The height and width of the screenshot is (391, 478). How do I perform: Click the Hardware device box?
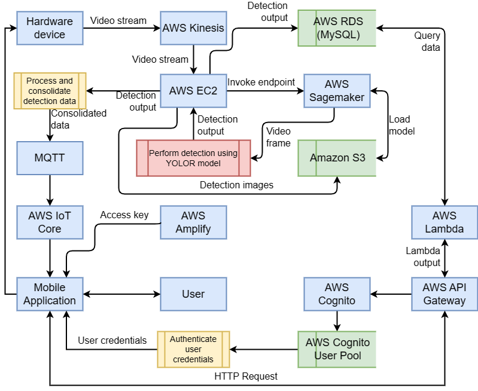(x=50, y=28)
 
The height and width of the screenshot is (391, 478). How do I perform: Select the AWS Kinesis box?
(x=193, y=28)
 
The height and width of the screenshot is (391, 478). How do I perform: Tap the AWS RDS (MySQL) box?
(x=337, y=28)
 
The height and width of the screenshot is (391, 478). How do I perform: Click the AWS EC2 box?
(x=193, y=91)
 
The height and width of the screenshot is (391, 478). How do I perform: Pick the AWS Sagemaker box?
(x=337, y=91)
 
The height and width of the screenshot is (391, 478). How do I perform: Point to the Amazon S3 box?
(x=337, y=158)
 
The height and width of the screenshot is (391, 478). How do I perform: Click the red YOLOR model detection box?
(x=193, y=158)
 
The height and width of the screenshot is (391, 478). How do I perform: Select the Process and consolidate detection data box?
(x=50, y=91)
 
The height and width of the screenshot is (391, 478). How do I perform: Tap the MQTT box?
(x=50, y=158)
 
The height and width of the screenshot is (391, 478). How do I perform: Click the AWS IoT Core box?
(x=50, y=222)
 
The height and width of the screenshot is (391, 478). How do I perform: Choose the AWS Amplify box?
(x=193, y=222)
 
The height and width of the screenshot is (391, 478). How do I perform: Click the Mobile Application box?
(x=50, y=294)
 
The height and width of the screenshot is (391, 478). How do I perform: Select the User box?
(x=193, y=294)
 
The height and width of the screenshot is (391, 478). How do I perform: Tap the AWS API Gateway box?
(x=444, y=294)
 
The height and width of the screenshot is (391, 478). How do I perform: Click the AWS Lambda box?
(x=444, y=222)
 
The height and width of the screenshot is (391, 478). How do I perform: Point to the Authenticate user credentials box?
(x=193, y=349)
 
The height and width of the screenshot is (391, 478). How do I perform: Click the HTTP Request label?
(x=246, y=377)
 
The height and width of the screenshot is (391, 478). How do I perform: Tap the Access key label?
(x=124, y=215)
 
